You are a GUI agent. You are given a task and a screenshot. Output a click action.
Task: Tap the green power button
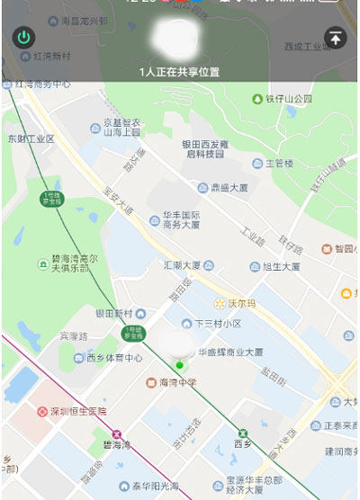(x=23, y=38)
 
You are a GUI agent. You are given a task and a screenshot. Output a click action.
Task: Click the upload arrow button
(x=335, y=38)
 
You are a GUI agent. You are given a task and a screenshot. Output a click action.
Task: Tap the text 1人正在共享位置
(x=179, y=71)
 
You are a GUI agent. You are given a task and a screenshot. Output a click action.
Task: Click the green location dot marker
(x=179, y=365)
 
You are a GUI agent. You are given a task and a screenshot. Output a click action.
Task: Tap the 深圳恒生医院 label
(x=76, y=411)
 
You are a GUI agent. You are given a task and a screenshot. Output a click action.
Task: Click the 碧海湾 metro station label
(x=116, y=443)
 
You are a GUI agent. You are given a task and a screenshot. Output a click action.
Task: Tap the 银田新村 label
(x=113, y=313)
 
